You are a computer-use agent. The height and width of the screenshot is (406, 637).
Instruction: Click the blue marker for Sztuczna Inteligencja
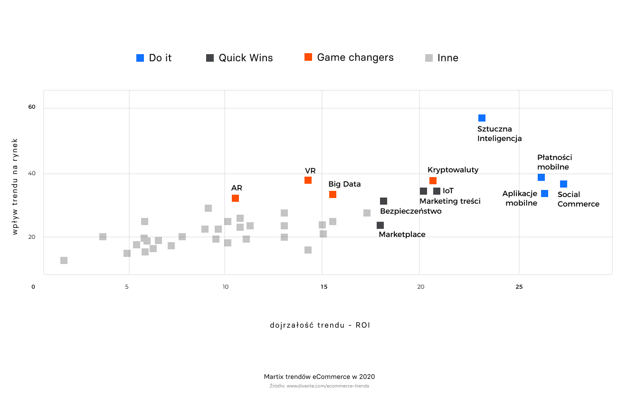(x=482, y=118)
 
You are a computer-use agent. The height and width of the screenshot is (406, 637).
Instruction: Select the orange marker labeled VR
(x=308, y=180)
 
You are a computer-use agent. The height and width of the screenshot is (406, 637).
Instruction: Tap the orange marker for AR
(x=235, y=198)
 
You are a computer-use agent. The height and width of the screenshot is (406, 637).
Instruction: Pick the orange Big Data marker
(x=333, y=194)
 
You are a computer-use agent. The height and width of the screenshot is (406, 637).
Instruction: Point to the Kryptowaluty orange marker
(x=433, y=180)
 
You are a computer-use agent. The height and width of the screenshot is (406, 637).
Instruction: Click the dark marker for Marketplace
(x=380, y=225)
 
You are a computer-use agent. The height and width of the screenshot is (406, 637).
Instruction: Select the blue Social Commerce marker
(x=563, y=184)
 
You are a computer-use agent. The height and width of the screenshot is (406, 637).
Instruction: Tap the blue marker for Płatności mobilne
(x=541, y=177)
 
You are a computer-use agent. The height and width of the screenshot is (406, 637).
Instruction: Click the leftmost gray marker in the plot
(x=64, y=260)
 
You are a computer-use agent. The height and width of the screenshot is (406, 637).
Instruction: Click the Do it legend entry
(x=154, y=58)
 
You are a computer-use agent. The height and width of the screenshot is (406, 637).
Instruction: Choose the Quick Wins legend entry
(x=239, y=58)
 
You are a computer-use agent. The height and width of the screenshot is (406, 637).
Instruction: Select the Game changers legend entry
(x=349, y=57)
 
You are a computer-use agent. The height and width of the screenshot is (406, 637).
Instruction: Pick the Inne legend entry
(x=442, y=58)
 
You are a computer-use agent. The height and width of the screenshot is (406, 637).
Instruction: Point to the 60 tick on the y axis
(x=32, y=107)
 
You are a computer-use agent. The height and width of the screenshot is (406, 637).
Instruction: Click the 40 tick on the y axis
(x=32, y=173)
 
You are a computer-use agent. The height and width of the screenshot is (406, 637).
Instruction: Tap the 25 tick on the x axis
(x=519, y=287)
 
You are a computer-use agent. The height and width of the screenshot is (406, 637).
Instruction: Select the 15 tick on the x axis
(x=323, y=287)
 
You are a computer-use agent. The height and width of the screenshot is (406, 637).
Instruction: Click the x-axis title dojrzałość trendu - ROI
(x=320, y=325)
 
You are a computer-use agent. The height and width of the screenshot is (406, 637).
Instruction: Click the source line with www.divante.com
(x=319, y=386)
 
